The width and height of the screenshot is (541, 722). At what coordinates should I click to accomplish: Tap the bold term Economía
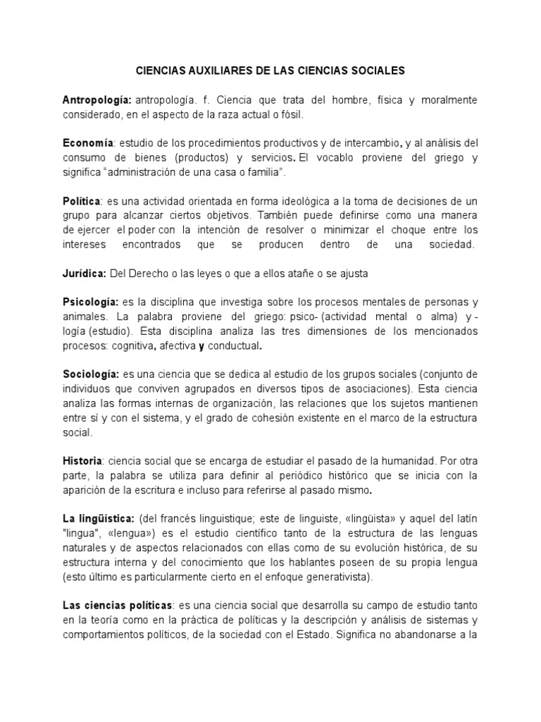coord(88,145)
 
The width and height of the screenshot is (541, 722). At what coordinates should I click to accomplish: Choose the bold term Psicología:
coord(91,302)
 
